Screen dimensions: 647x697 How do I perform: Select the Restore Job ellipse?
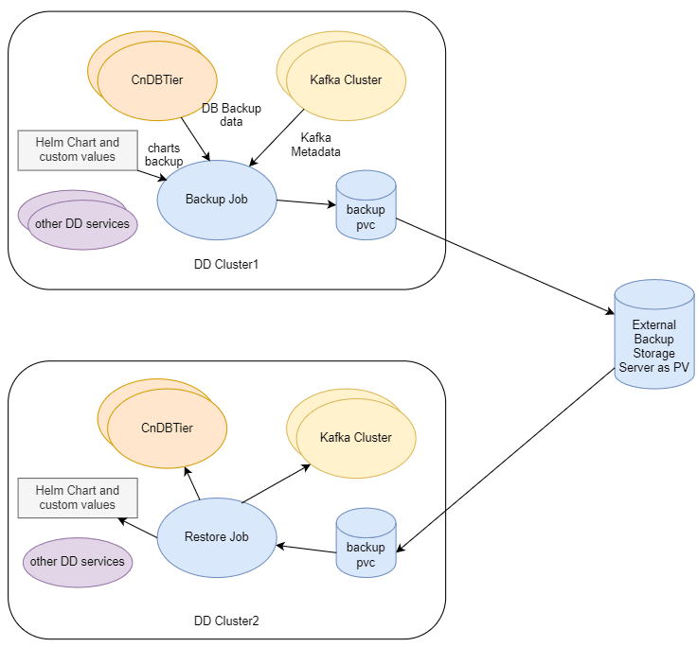pyautogui.click(x=216, y=536)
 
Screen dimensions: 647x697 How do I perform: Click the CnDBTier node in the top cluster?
pyautogui.click(x=157, y=80)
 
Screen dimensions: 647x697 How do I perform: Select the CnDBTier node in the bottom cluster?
pyautogui.click(x=167, y=428)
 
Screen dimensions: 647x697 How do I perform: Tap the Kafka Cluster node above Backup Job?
pyautogui.click(x=346, y=80)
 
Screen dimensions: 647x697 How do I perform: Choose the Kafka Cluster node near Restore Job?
pyautogui.click(x=355, y=437)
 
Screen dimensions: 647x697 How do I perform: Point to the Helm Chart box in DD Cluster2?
pyautogui.click(x=78, y=498)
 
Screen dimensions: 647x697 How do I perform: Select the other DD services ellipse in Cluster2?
pyautogui.click(x=78, y=561)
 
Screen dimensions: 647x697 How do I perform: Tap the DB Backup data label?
pyautogui.click(x=231, y=114)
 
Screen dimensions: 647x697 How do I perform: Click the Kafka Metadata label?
pyautogui.click(x=315, y=144)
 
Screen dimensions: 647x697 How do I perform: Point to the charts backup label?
pyautogui.click(x=164, y=154)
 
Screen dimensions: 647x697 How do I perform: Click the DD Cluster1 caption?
pyautogui.click(x=226, y=264)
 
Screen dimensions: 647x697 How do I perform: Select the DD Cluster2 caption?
pyautogui.click(x=226, y=621)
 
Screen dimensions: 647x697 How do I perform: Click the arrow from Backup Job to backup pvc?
pyautogui.click(x=305, y=203)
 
